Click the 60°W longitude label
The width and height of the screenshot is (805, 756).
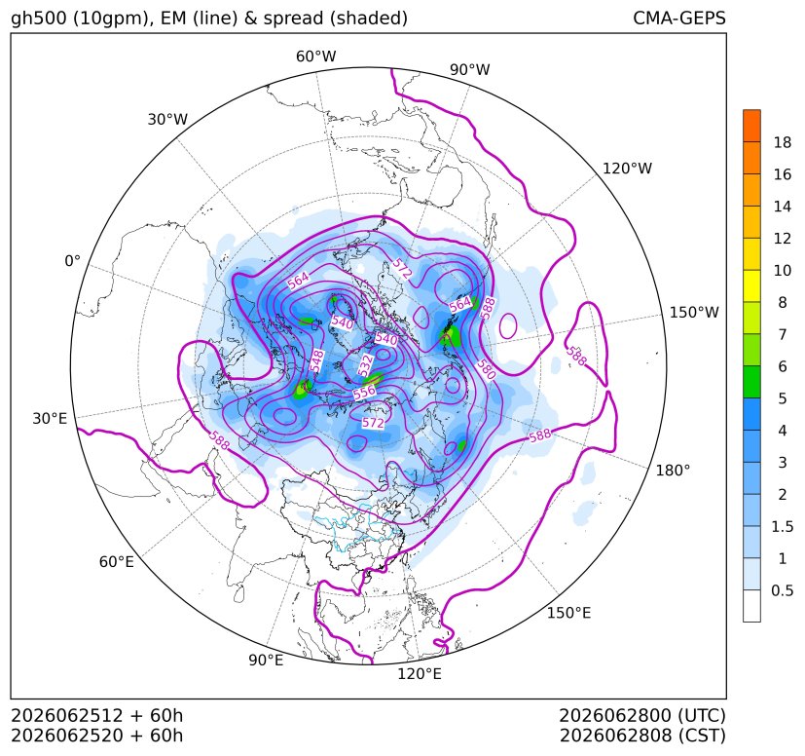(315, 57)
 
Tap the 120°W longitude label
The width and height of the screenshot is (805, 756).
(627, 169)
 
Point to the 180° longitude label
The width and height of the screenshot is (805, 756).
(673, 471)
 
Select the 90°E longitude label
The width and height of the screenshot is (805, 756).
(266, 661)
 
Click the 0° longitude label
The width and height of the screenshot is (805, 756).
(72, 261)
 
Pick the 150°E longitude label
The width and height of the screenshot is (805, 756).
(568, 613)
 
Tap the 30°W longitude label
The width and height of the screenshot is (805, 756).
(167, 119)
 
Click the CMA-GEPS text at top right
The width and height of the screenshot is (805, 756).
(679, 18)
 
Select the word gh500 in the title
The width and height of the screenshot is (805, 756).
(40, 18)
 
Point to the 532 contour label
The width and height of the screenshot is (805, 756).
(366, 365)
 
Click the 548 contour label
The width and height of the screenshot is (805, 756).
(316, 360)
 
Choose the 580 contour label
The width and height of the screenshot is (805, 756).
(486, 370)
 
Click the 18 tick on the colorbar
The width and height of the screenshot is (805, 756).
(783, 143)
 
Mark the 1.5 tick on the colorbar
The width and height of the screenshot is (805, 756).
(782, 527)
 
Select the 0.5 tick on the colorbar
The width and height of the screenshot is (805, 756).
(782, 590)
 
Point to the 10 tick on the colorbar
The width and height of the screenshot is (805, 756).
(783, 271)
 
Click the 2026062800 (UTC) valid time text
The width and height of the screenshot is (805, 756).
(642, 715)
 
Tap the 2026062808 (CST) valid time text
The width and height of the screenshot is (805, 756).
(642, 736)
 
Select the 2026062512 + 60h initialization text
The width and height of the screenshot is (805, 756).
(97, 715)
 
